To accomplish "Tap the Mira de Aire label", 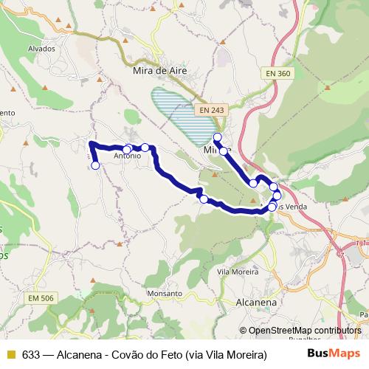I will [x=156, y=71].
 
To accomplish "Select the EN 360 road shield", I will [x=281, y=74].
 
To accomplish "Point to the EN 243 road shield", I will [x=211, y=110].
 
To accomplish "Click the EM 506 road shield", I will [x=43, y=297].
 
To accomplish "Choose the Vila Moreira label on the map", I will [x=238, y=272].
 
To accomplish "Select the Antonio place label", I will [x=127, y=156].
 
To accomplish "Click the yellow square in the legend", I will [x=11, y=354].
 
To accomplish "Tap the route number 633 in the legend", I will [x=31, y=354].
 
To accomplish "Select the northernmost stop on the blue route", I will [x=217, y=137].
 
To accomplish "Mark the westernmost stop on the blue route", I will [x=95, y=165].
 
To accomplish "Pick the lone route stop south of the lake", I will [x=204, y=199].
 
